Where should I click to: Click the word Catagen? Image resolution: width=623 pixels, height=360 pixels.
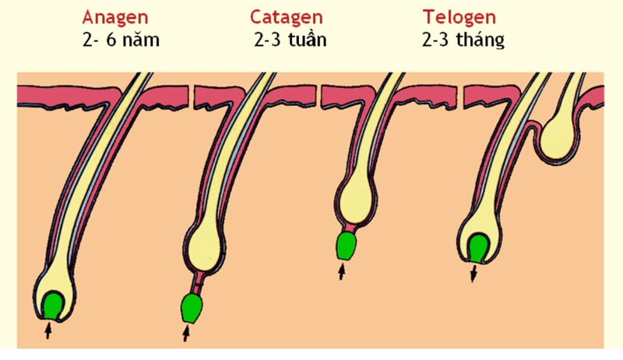pyautogui.click(x=286, y=18)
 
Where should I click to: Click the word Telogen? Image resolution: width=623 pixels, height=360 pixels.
pyautogui.click(x=459, y=18)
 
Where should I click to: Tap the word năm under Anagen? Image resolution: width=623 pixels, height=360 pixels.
pyautogui.click(x=141, y=40)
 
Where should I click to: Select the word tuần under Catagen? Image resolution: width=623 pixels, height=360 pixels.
pyautogui.click(x=308, y=39)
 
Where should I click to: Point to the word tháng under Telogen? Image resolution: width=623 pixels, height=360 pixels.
pyautogui.click(x=480, y=40)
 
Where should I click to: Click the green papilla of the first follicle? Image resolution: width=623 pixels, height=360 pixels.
pyautogui.click(x=53, y=305)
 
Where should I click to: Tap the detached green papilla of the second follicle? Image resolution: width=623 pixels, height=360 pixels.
pyautogui.click(x=192, y=309)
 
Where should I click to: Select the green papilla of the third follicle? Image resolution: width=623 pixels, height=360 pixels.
pyautogui.click(x=347, y=246)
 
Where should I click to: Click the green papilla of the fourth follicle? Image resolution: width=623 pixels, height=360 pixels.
pyautogui.click(x=479, y=249)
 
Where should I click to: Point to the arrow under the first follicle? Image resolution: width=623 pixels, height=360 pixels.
pyautogui.click(x=48, y=330)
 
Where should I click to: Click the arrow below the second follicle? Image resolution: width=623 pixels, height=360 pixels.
pyautogui.click(x=186, y=333)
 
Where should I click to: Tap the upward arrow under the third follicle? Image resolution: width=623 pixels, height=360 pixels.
pyautogui.click(x=341, y=272)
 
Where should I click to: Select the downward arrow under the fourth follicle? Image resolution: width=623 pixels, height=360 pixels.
pyautogui.click(x=473, y=274)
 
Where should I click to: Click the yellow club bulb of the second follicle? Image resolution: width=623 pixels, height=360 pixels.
pyautogui.click(x=205, y=247)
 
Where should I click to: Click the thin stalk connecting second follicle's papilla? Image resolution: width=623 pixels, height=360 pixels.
pyautogui.click(x=197, y=284)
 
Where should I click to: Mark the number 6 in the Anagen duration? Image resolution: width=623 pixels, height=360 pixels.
pyautogui.click(x=111, y=40)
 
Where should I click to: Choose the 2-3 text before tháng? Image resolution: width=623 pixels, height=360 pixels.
pyautogui.click(x=436, y=40)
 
